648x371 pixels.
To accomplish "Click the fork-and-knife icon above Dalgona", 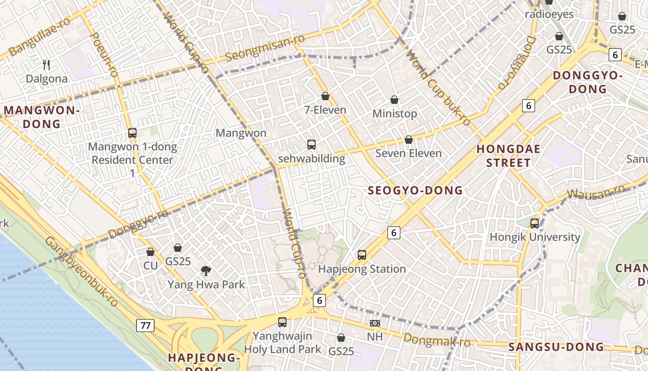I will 46,64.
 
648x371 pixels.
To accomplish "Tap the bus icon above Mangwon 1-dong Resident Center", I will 132,133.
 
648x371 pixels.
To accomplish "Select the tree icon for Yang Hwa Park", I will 206,270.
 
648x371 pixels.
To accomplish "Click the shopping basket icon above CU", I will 150,252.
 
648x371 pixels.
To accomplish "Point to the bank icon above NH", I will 374,323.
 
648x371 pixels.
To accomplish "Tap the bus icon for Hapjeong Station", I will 362,255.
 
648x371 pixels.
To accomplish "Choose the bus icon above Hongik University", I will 535,223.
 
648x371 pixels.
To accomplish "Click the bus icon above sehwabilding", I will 312,144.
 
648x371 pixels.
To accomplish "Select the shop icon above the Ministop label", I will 394,99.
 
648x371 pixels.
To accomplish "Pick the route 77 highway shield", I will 145,326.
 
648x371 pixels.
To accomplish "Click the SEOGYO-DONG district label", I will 415,190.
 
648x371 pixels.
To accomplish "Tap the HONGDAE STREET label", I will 508,156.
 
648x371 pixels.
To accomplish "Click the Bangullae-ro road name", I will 39,36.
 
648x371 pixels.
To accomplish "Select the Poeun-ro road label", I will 103,55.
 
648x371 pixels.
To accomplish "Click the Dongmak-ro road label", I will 436,340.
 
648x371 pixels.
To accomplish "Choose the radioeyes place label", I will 549,14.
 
